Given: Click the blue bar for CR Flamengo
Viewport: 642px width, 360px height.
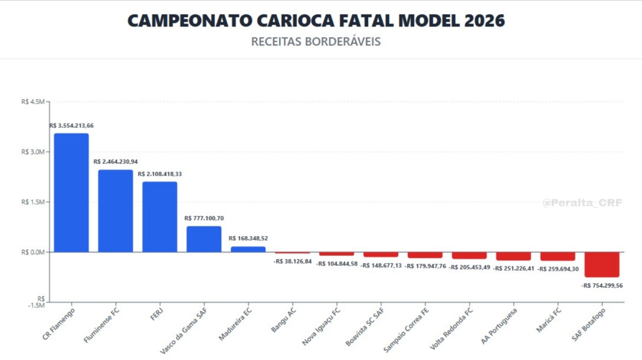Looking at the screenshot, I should (x=71, y=193).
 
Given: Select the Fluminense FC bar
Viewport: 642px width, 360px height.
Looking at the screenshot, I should (x=116, y=211).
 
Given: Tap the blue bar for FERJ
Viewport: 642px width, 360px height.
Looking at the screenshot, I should (x=160, y=217).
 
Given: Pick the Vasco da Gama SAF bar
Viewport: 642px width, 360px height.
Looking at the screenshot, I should (x=204, y=239).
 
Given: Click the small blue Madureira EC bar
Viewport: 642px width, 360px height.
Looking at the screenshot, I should (x=248, y=249).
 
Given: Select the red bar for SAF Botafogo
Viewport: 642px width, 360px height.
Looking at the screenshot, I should (x=601, y=264).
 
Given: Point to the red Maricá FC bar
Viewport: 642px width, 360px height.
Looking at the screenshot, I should (x=557, y=256).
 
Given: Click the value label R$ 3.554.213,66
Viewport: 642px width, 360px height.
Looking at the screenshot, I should (x=71, y=126).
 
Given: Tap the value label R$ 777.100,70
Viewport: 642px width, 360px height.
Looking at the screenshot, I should (x=204, y=218).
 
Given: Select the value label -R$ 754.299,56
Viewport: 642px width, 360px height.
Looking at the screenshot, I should (x=602, y=286).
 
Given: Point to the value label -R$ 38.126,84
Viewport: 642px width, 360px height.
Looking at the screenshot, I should (x=293, y=262).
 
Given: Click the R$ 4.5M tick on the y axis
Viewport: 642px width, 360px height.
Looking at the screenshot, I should (x=33, y=102).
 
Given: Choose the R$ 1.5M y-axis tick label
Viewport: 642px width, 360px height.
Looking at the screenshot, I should (x=33, y=202).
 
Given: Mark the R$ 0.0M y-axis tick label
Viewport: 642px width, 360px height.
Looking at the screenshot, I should (x=33, y=252).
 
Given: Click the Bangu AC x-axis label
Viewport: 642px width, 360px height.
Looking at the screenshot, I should (x=283, y=320).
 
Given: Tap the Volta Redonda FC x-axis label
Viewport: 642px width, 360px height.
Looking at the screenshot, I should (x=451, y=329).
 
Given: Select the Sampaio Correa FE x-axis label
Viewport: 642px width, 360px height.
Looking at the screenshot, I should (x=406, y=330).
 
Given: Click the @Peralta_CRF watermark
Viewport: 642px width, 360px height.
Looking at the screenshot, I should (x=582, y=203).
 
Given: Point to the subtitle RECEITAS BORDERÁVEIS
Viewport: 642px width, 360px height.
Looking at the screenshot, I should (x=316, y=42).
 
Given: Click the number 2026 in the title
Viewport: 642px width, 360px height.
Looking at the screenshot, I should (x=484, y=21).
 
